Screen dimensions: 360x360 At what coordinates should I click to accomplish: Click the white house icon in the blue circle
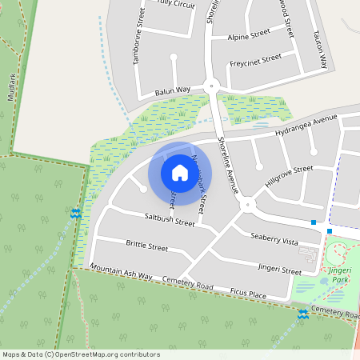click(180, 173)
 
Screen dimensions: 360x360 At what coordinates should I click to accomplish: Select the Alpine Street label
click(249, 37)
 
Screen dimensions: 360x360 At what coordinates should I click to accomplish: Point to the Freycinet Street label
click(255, 59)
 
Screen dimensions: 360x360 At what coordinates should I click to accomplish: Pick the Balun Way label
click(172, 90)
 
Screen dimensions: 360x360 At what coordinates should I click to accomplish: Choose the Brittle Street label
click(146, 246)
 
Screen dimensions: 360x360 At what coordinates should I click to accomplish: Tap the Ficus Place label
click(246, 295)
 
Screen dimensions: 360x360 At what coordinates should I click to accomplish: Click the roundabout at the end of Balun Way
click(212, 85)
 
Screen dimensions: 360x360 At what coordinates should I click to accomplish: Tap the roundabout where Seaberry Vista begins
click(246, 205)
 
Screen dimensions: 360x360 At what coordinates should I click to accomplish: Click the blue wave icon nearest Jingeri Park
click(303, 315)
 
